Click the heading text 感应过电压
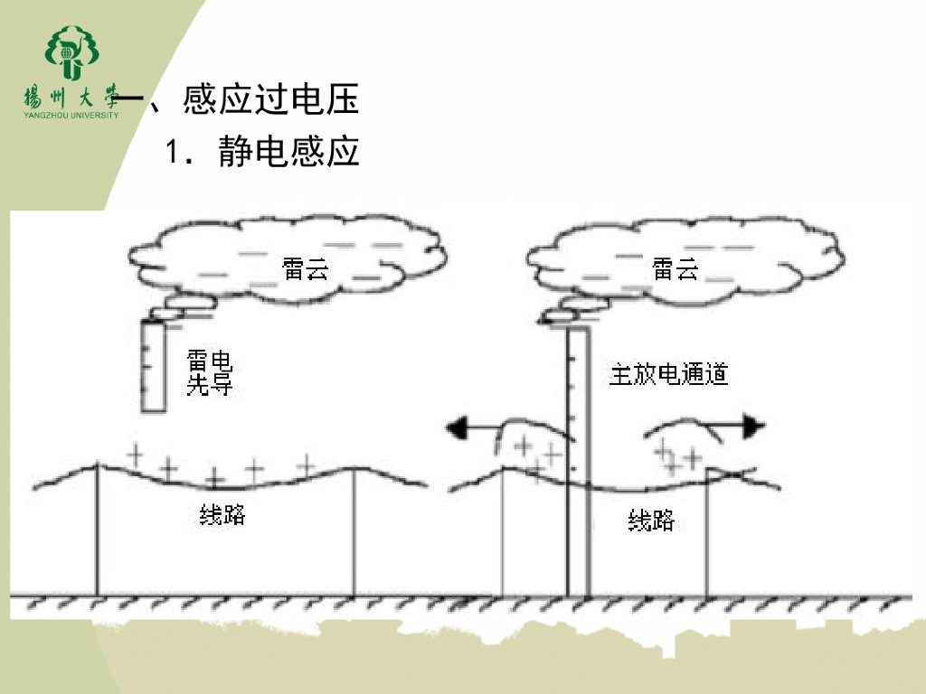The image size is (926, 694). coord(270,98)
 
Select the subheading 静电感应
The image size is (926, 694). coord(288,152)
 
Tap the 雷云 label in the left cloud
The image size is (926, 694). coord(306,268)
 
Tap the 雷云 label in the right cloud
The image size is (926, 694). coord(676,268)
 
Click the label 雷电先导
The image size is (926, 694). coord(210,373)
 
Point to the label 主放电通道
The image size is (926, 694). coord(668,373)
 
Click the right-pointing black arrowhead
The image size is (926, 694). coord(754,427)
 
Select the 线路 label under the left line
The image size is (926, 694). coord(222,516)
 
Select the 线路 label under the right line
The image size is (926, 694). coord(651,520)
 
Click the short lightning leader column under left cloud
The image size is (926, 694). coord(154,366)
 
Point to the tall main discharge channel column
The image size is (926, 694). coord(578,461)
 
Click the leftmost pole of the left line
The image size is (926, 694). coord(97,533)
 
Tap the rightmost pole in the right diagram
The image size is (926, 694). coord(706,533)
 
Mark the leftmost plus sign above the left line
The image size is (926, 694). coord(136,454)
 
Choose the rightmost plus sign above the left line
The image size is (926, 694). coord(307,464)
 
